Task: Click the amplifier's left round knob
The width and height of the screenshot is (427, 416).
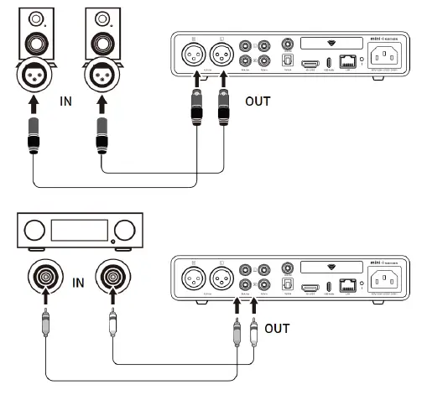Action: [34, 230]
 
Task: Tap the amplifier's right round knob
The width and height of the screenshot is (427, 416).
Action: [123, 230]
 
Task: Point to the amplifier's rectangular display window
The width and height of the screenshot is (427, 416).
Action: [79, 230]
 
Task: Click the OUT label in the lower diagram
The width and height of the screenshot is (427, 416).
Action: [278, 328]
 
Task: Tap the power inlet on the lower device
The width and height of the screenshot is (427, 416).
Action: [388, 278]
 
